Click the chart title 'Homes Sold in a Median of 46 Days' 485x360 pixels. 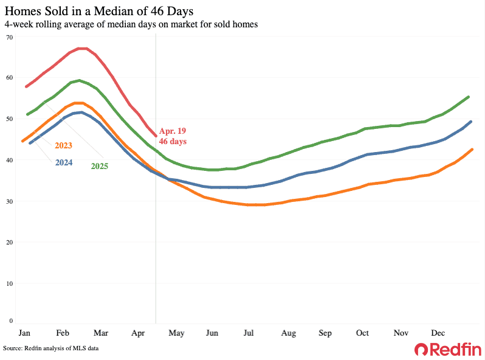[x=100, y=12]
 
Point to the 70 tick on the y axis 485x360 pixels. [x=9, y=37]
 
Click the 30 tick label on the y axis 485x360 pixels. [x=9, y=201]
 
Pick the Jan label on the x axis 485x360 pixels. [x=24, y=333]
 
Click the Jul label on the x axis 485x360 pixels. [x=248, y=333]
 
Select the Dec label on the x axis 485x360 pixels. [x=438, y=333]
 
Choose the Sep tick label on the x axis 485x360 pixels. [x=325, y=333]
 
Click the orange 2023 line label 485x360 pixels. [x=64, y=146]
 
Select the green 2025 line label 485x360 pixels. [x=100, y=165]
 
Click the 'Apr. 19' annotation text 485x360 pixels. [x=173, y=131]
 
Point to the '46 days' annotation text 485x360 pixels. [x=173, y=141]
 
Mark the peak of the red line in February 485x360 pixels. [x=83, y=49]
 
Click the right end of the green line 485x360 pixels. [x=468, y=97]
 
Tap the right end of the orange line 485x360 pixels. [x=472, y=150]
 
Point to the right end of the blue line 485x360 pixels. [x=472, y=122]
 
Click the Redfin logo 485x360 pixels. [x=447, y=349]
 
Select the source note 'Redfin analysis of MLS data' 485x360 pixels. [x=50, y=348]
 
